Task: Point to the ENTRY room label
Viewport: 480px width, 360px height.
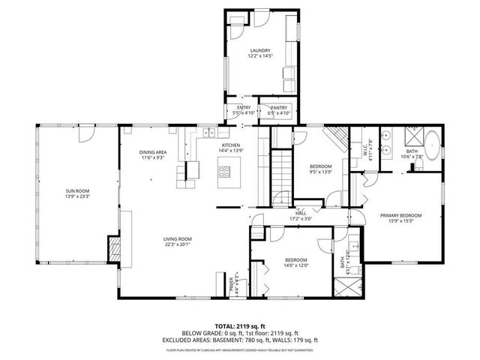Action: (x=244, y=108)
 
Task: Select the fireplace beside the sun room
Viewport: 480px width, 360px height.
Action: (x=115, y=248)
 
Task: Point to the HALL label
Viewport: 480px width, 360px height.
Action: (x=301, y=214)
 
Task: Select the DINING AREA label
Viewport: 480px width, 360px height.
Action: (x=153, y=153)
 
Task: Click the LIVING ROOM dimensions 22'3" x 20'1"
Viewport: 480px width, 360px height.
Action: (x=178, y=244)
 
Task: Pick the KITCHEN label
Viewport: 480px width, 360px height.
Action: (x=229, y=145)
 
